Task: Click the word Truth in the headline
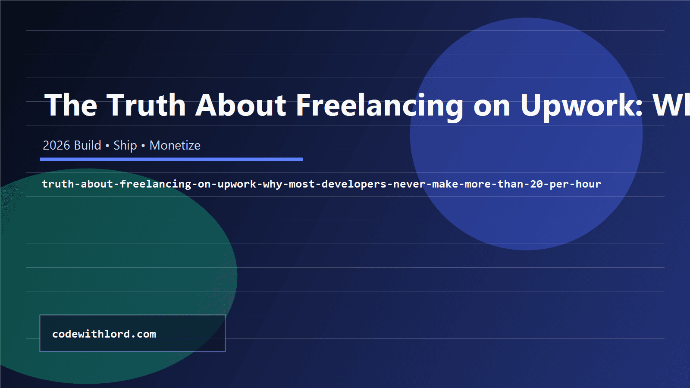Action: (x=146, y=105)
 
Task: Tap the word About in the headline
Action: (x=241, y=105)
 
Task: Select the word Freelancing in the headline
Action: (x=379, y=105)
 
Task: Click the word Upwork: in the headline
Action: (x=582, y=105)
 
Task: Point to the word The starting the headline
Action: (x=71, y=105)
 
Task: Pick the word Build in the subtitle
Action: (x=88, y=145)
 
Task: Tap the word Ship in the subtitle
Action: (x=125, y=145)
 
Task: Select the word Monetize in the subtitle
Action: (x=175, y=145)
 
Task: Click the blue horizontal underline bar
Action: (x=171, y=159)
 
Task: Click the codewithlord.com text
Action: (x=104, y=334)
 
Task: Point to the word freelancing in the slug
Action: (x=156, y=184)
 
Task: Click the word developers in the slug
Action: (x=354, y=184)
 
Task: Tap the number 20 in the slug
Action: (x=536, y=184)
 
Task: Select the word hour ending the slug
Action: (x=588, y=184)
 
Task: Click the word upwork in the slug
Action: (x=237, y=184)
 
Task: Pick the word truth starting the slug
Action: (x=58, y=184)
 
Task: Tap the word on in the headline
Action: (x=492, y=105)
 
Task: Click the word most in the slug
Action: (x=302, y=184)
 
